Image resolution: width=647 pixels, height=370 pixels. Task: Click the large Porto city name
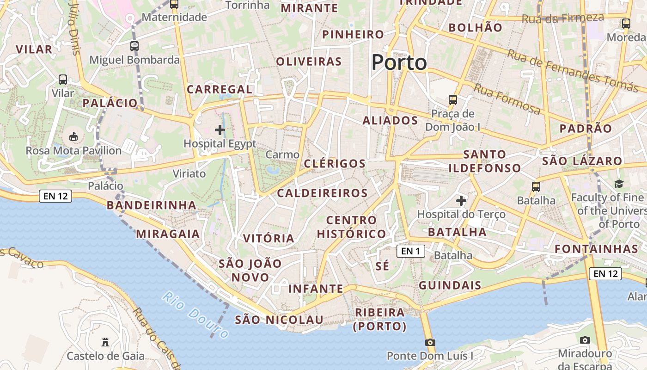point(399,62)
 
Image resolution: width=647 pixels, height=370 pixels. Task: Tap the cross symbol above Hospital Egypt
point(220,130)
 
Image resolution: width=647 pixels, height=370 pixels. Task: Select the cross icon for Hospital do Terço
point(461,201)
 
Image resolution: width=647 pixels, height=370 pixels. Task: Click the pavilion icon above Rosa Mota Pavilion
point(73,136)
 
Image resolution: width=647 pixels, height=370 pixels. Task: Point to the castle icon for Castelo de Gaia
point(105,342)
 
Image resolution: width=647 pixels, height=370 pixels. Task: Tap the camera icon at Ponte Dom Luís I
point(430,342)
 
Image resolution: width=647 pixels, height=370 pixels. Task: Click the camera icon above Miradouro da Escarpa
point(585,340)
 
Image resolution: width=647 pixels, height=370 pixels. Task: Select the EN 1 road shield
point(410,251)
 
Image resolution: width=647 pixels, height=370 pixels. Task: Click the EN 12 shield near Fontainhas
point(605,273)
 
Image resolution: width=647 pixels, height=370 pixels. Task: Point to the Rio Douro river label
point(196,314)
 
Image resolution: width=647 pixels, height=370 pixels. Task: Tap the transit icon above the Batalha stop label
point(536,187)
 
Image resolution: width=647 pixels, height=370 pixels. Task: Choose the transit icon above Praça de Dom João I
point(453,99)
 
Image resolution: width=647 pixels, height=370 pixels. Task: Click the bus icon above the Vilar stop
point(63,80)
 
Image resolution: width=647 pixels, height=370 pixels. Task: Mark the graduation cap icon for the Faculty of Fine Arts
point(619,184)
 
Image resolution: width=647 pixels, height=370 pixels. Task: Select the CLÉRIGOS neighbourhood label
point(335,164)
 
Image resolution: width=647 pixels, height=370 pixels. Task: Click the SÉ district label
point(382,266)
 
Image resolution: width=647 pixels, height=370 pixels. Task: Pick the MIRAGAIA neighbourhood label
point(168,234)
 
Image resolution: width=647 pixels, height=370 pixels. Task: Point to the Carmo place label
point(282,154)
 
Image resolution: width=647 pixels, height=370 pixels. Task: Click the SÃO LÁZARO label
point(582,161)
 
